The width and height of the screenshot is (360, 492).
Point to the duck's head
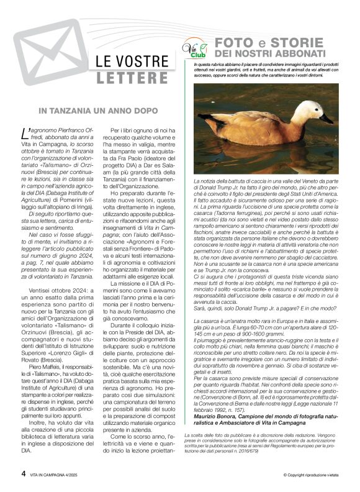click(x=312, y=108)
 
